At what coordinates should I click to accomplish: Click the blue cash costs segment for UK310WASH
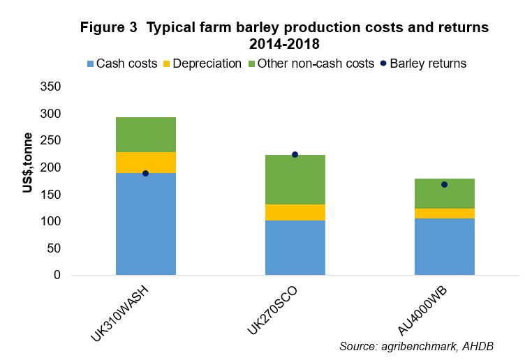click(x=145, y=223)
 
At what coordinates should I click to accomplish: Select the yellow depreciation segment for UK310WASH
click(x=145, y=163)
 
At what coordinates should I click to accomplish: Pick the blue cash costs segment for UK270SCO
click(x=295, y=248)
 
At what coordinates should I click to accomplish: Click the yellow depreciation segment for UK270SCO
click(x=295, y=212)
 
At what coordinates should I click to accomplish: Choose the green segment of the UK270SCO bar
click(x=295, y=180)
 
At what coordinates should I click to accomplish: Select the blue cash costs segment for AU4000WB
click(x=444, y=246)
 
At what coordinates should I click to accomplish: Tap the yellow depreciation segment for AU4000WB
click(x=444, y=213)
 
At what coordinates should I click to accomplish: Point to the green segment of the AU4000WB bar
click(x=444, y=194)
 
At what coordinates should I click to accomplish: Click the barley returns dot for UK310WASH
click(x=145, y=173)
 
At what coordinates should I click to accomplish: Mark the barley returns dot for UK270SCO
click(x=295, y=154)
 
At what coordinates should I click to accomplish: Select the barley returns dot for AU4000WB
click(x=444, y=184)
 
